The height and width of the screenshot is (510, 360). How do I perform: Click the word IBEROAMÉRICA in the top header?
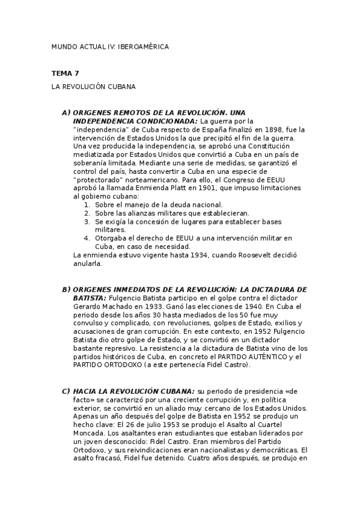coord(144,46)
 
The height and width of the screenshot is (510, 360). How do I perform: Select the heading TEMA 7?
coord(65,73)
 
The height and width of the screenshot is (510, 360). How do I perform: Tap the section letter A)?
coord(66,112)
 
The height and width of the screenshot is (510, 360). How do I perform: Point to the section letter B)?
coord(66,289)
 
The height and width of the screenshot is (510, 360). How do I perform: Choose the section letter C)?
coord(66,390)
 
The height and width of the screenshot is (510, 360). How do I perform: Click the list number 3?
coord(87,221)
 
